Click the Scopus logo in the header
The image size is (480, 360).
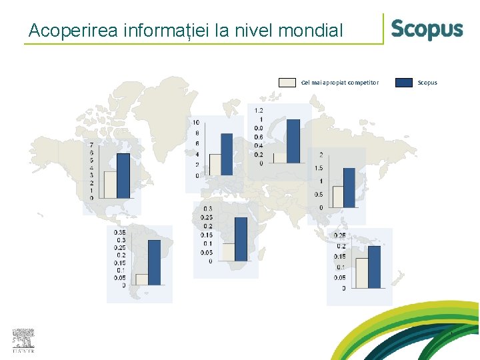[427, 29]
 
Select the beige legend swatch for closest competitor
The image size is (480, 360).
[287, 83]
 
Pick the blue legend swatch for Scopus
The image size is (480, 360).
[403, 83]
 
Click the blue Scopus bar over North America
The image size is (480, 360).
[123, 175]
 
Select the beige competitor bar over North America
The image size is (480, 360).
[110, 185]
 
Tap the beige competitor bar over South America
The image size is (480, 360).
[141, 279]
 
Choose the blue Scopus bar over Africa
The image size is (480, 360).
[241, 239]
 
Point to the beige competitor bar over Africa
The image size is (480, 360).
[229, 251]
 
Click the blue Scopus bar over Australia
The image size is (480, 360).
[374, 267]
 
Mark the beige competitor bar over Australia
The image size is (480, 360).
[361, 273]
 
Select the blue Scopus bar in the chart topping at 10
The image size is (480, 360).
[227, 153]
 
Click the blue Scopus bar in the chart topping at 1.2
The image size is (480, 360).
[293, 141]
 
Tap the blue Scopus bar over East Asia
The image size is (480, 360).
[349, 187]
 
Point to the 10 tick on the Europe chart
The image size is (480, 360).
[196, 122]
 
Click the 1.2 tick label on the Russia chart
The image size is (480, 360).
[259, 110]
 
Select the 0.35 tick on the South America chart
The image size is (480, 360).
[119, 232]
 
